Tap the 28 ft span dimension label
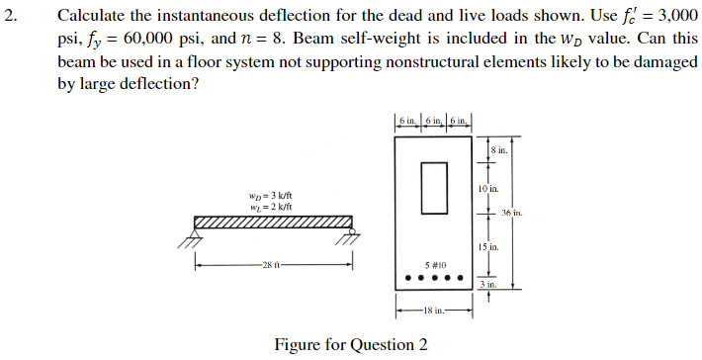pos(272,264)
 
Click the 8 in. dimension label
pos(498,150)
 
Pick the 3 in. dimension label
pos(487,284)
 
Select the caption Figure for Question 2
pos(351,344)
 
